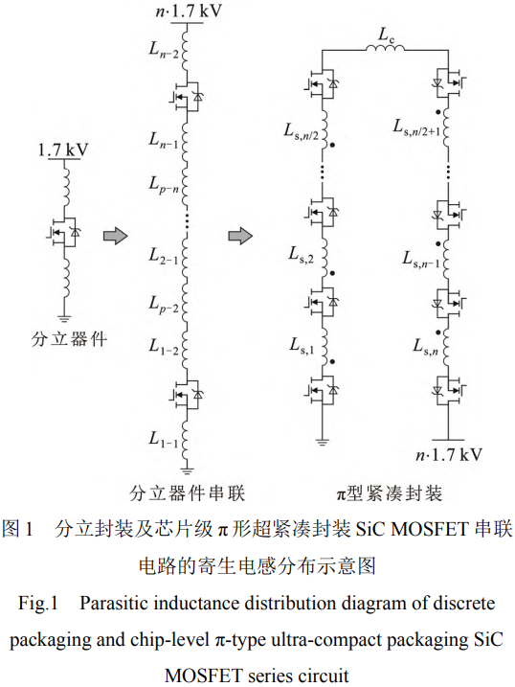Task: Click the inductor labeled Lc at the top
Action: point(385,48)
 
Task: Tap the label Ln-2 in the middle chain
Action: point(164,50)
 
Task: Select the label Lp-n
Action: point(164,185)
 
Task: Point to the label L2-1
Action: point(164,256)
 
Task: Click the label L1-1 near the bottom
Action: point(164,439)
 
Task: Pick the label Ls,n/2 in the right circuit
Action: point(301,131)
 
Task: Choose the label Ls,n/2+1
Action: point(416,127)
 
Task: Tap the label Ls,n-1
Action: point(420,260)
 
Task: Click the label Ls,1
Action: point(302,346)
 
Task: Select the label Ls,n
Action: point(426,347)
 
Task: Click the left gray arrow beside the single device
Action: point(115,236)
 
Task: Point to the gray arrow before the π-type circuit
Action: point(240,236)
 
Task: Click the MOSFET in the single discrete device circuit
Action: point(64,232)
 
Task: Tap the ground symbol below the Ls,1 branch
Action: point(322,442)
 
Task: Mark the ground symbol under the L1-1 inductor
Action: point(188,471)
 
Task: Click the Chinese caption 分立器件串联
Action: point(187,493)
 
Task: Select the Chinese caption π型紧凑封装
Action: point(389,493)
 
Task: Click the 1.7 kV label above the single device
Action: point(63,149)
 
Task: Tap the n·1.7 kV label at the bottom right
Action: point(449,455)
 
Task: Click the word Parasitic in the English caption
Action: point(116,604)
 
